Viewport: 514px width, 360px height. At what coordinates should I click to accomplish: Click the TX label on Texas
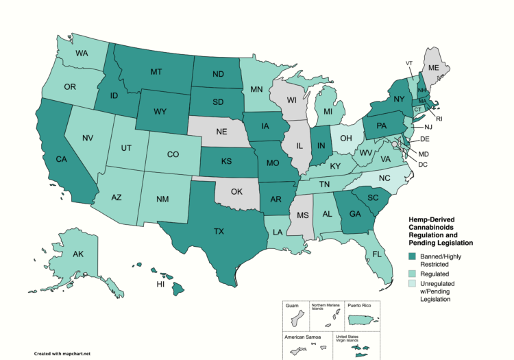[x=219, y=232]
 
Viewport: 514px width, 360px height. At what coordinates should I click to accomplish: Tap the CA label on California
[x=60, y=160]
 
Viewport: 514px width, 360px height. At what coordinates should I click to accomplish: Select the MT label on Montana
[x=156, y=72]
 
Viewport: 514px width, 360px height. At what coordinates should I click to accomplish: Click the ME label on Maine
[x=433, y=69]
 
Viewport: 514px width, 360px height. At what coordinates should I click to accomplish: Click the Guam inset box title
[x=293, y=307]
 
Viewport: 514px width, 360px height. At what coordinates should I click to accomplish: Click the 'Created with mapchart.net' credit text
[x=62, y=354]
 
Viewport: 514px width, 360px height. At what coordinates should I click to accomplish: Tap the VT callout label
[x=409, y=63]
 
